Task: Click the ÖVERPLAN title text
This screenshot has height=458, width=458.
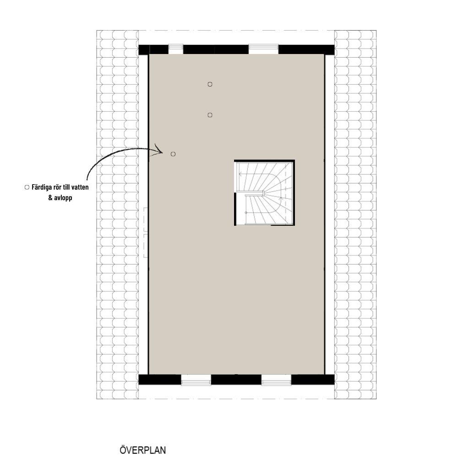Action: pyautogui.click(x=142, y=450)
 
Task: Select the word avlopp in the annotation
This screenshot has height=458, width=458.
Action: pyautogui.click(x=63, y=198)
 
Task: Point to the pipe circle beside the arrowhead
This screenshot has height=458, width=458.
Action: pyautogui.click(x=173, y=154)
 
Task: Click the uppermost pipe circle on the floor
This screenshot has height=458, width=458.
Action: pyautogui.click(x=210, y=84)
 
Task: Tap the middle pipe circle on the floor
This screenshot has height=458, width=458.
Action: pyautogui.click(x=210, y=115)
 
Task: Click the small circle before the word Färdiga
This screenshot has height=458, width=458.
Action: pyautogui.click(x=27, y=187)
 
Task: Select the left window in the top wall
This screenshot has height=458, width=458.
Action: pyautogui.click(x=175, y=49)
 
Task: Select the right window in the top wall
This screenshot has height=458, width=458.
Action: pyautogui.click(x=263, y=49)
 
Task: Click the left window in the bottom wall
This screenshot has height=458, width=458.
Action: pyautogui.click(x=196, y=380)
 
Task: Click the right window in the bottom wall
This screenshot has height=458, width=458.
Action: pyautogui.click(x=276, y=380)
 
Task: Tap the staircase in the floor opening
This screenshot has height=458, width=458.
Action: pyautogui.click(x=264, y=193)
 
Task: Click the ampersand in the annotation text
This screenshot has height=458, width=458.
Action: pyautogui.click(x=50, y=198)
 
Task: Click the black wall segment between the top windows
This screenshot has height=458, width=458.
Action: pyautogui.click(x=216, y=49)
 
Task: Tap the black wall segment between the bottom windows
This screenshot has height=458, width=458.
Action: pyautogui.click(x=236, y=380)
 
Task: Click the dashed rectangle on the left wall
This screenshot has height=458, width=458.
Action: pyautogui.click(x=146, y=233)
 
